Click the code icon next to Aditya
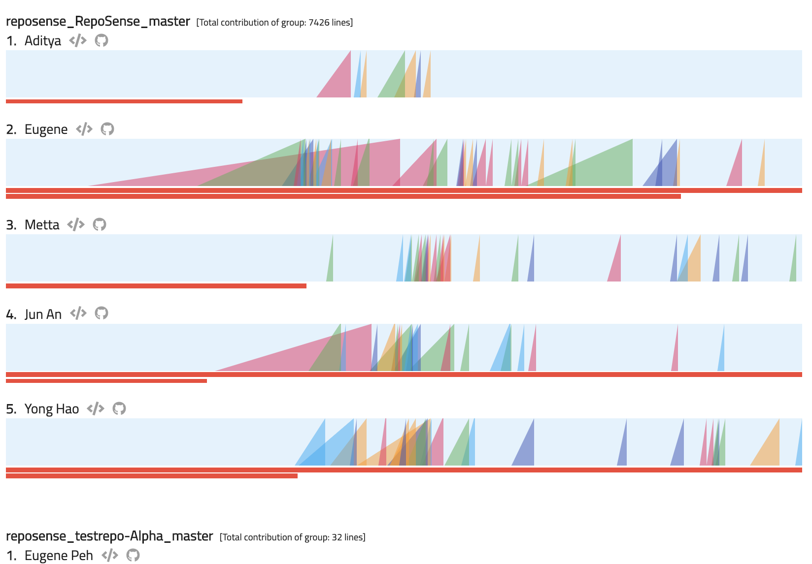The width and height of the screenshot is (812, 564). (x=78, y=40)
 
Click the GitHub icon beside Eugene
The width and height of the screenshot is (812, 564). (x=107, y=129)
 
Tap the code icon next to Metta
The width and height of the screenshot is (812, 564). (x=76, y=224)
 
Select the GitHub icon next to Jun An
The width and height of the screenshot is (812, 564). (x=101, y=313)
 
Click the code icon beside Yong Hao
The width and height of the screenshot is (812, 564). (x=96, y=408)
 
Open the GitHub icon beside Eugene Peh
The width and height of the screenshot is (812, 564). (x=133, y=555)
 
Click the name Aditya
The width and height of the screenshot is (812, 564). (x=43, y=41)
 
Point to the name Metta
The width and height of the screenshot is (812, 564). (x=42, y=225)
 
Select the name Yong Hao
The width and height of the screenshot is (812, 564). (x=52, y=409)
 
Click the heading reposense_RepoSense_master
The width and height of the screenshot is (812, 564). (x=98, y=22)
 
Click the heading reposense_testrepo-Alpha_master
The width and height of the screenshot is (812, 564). (x=109, y=536)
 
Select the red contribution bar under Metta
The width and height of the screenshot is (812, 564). (x=156, y=286)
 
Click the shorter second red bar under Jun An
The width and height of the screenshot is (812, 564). (x=106, y=381)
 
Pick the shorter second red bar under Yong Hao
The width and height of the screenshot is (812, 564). (x=152, y=476)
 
